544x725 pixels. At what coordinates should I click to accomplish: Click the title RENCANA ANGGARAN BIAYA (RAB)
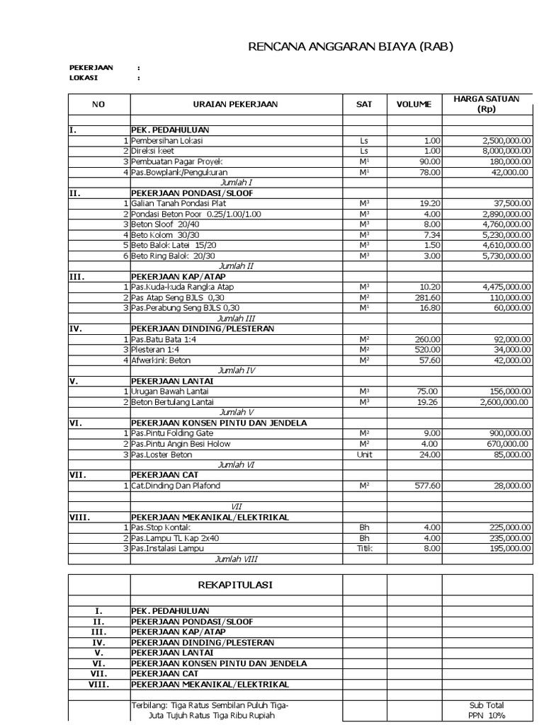point(350,47)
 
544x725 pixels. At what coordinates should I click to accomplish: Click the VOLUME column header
point(414,104)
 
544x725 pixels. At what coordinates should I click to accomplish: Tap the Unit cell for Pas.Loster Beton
point(364,454)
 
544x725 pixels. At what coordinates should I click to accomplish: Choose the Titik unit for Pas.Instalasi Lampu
point(364,548)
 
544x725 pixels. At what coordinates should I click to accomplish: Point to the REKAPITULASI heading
point(236,585)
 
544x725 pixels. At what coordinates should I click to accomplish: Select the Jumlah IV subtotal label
point(236,370)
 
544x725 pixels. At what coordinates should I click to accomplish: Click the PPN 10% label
point(486,715)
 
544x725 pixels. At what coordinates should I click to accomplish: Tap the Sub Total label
point(486,705)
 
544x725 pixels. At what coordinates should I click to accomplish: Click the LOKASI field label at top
point(84,78)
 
